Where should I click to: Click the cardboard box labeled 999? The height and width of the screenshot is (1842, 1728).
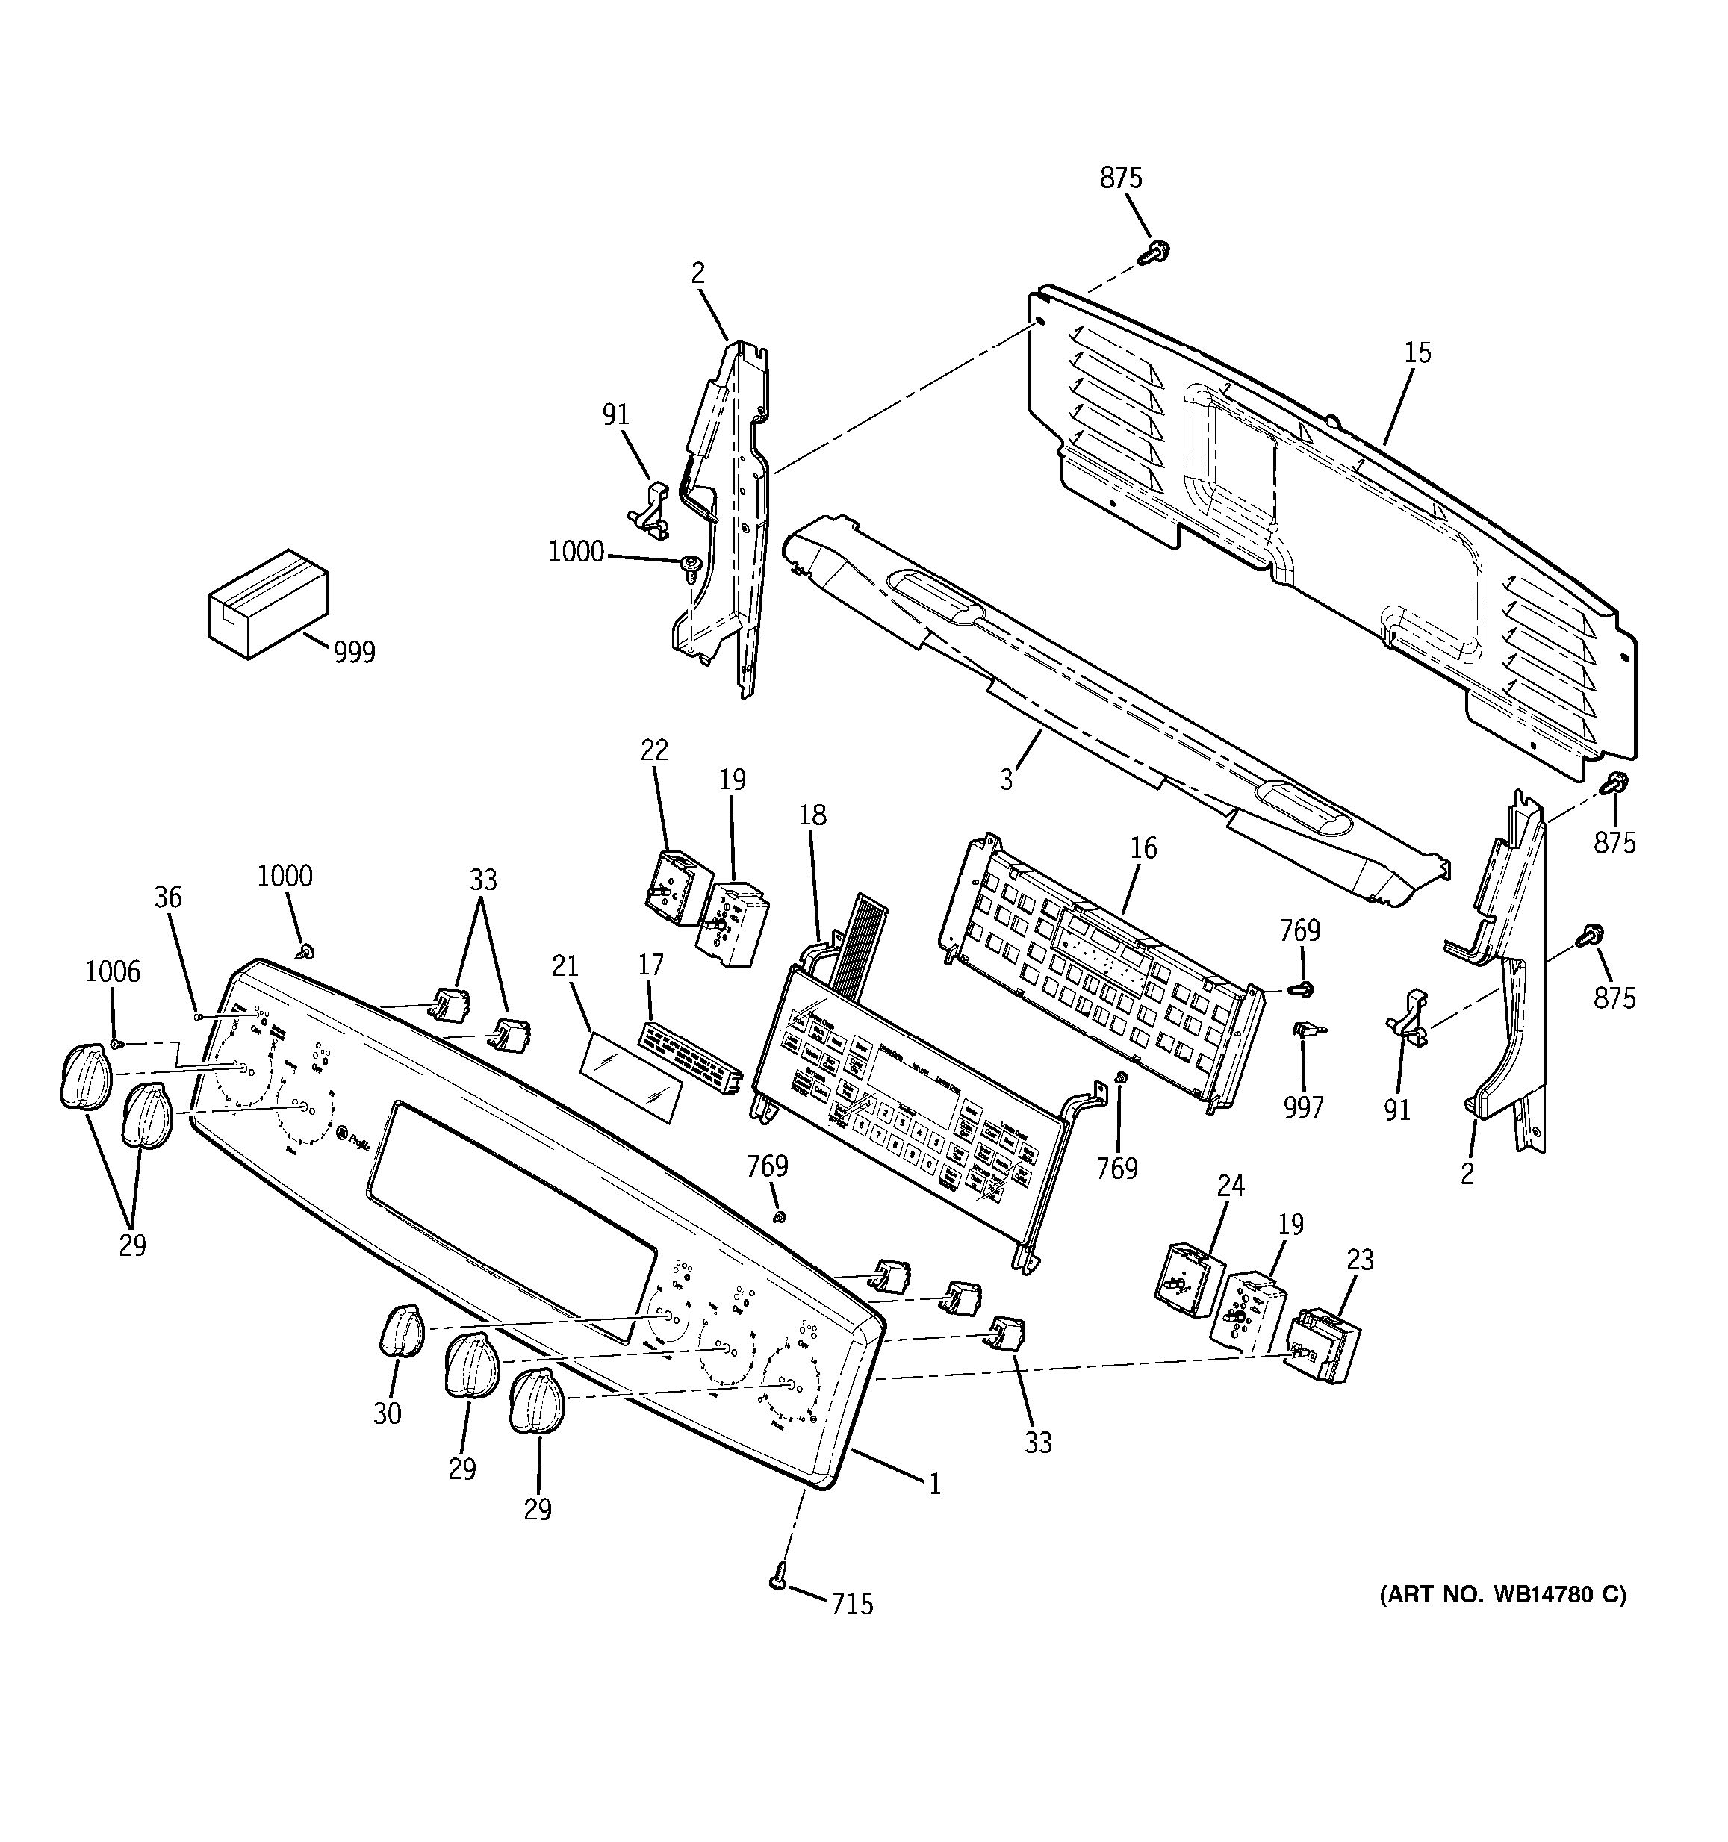[267, 603]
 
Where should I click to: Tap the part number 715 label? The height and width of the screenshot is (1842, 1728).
[851, 1604]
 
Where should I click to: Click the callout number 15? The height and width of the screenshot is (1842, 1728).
[1417, 353]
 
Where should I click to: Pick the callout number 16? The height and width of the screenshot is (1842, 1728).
[1143, 847]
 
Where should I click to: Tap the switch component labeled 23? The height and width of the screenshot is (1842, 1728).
[1323, 1345]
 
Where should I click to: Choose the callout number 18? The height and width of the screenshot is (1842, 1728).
[812, 815]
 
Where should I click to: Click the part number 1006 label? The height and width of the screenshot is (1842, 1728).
[113, 971]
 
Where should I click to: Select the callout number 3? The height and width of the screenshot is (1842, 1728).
[1006, 780]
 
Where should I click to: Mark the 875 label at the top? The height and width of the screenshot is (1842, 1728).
[1121, 178]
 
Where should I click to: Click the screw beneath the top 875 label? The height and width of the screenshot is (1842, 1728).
[1155, 250]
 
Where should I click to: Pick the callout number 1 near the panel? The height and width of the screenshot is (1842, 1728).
[935, 1484]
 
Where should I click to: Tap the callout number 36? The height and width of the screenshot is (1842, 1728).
[168, 897]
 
